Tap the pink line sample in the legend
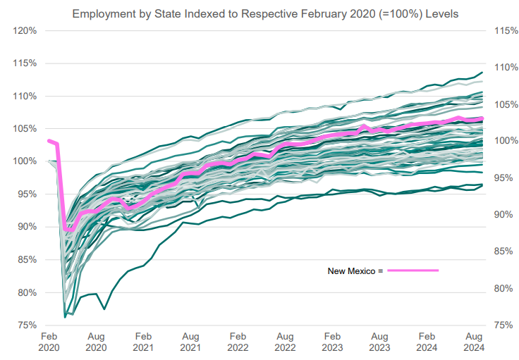413,271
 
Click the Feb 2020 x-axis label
49,343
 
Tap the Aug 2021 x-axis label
190,343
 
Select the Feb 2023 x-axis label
331,343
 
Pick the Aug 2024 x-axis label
472,343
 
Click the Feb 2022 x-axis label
237,343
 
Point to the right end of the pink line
482,118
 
